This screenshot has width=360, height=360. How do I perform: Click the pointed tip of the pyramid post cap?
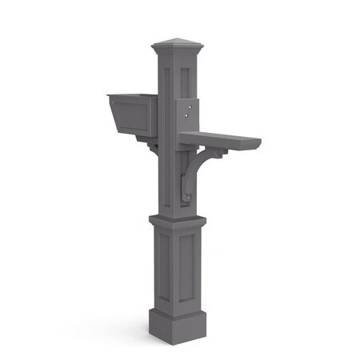pyautogui.click(x=178, y=37)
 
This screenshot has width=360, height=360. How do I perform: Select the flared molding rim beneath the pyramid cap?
pyautogui.click(x=178, y=52)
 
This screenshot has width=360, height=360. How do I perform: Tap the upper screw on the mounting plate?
pyautogui.click(x=190, y=102)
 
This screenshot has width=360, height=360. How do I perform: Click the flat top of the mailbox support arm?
pyautogui.click(x=220, y=138)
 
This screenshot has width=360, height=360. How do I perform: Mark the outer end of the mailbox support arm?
pyautogui.click(x=258, y=144)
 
